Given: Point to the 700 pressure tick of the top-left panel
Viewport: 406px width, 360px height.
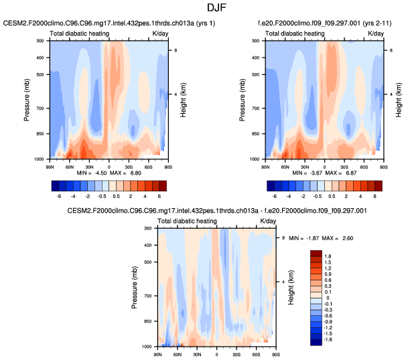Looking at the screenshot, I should click(x=42, y=108).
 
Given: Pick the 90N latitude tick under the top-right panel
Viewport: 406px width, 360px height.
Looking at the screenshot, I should click(x=266, y=164).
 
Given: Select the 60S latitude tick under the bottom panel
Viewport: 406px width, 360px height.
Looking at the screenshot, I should click(x=257, y=351).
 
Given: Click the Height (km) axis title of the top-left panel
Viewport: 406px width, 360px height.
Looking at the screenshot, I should click(x=183, y=100).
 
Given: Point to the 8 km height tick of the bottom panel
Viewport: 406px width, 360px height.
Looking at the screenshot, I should click(x=283, y=238).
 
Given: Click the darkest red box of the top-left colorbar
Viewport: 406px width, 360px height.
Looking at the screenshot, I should click(x=161, y=185).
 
